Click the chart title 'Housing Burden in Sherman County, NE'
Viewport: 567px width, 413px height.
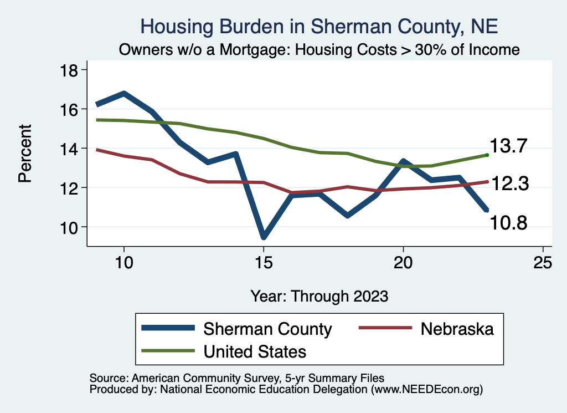point(319,26)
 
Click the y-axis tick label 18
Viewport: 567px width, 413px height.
point(70,70)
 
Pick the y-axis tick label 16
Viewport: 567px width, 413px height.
point(70,109)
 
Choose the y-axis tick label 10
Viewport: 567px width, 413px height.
point(70,227)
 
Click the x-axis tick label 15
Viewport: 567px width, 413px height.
point(264,262)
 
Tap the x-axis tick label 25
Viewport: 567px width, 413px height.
point(543,262)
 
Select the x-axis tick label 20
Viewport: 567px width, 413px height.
point(403,262)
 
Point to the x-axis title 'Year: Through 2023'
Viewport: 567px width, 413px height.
point(319,295)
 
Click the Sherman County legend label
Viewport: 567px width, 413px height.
point(267,329)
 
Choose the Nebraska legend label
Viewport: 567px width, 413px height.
point(457,329)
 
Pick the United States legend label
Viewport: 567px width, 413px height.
point(255,351)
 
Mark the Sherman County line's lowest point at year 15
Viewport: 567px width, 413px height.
point(264,237)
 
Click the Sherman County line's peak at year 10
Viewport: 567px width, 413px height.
point(124,94)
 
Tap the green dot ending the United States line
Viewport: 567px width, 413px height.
point(487,155)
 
